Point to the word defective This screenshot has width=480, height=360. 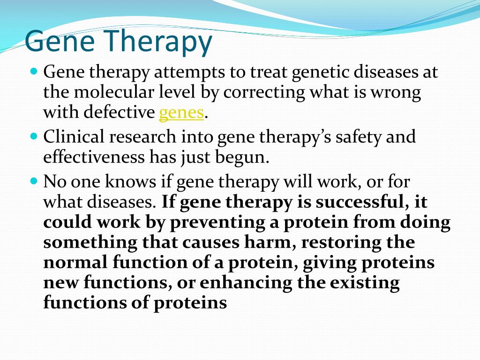tap(119, 112)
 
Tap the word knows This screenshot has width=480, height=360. tap(130, 181)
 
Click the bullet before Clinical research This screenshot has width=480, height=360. tap(34, 135)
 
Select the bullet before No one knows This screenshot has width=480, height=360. tap(34, 180)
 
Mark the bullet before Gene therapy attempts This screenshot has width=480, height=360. tap(34, 72)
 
